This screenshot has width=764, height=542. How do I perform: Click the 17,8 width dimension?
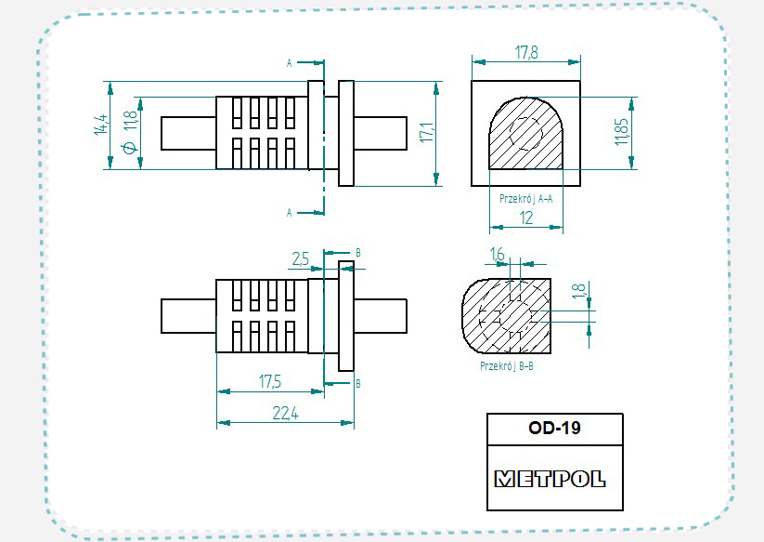coord(526,53)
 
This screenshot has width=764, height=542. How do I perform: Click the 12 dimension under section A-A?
coord(526,218)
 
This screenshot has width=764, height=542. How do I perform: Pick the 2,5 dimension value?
coord(301,259)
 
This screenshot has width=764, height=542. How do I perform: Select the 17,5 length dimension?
coord(271,381)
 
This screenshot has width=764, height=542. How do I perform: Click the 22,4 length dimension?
coord(285,415)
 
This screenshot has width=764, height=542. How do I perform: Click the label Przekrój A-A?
coord(525,198)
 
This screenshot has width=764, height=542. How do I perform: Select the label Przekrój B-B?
coord(506,366)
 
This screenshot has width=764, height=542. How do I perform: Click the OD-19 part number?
coord(554,429)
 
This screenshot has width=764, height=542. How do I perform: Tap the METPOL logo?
coord(550,479)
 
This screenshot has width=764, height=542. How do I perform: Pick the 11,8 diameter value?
coord(129,119)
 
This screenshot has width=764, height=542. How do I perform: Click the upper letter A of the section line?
coord(290,63)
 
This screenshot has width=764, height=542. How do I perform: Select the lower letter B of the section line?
coord(358,382)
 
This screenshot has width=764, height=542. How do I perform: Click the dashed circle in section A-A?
coord(526,135)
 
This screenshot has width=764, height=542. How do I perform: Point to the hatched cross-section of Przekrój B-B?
coord(483,316)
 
